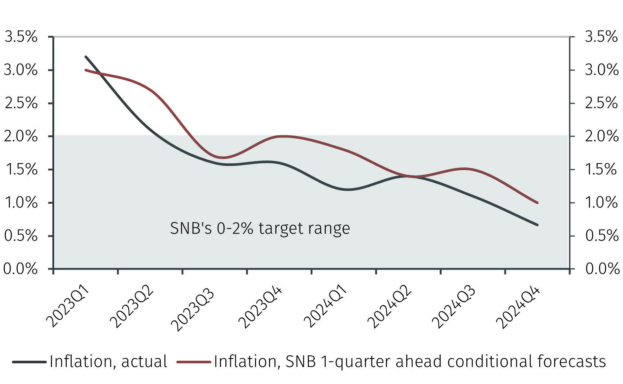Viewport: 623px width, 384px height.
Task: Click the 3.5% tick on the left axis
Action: pyautogui.click(x=21, y=37)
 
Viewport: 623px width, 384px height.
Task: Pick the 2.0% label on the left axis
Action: pyautogui.click(x=21, y=136)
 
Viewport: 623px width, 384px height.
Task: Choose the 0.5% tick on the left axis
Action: pyautogui.click(x=21, y=236)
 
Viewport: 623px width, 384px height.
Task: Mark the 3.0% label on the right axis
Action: pyautogui.click(x=601, y=70)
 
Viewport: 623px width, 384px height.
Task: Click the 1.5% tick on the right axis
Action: pyautogui.click(x=601, y=170)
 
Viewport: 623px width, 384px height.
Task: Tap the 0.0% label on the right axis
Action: pyautogui.click(x=602, y=269)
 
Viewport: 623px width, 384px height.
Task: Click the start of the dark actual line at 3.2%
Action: pyautogui.click(x=86, y=57)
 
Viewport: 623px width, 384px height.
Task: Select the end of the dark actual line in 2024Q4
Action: pyautogui.click(x=537, y=225)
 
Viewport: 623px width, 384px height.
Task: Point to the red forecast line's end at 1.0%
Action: pyautogui.click(x=537, y=203)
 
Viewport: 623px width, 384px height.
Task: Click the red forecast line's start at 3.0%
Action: pyautogui.click(x=86, y=70)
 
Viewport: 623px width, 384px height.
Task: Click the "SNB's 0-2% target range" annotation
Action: pyautogui.click(x=260, y=228)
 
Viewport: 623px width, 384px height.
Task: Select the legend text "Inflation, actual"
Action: pyautogui.click(x=108, y=361)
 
